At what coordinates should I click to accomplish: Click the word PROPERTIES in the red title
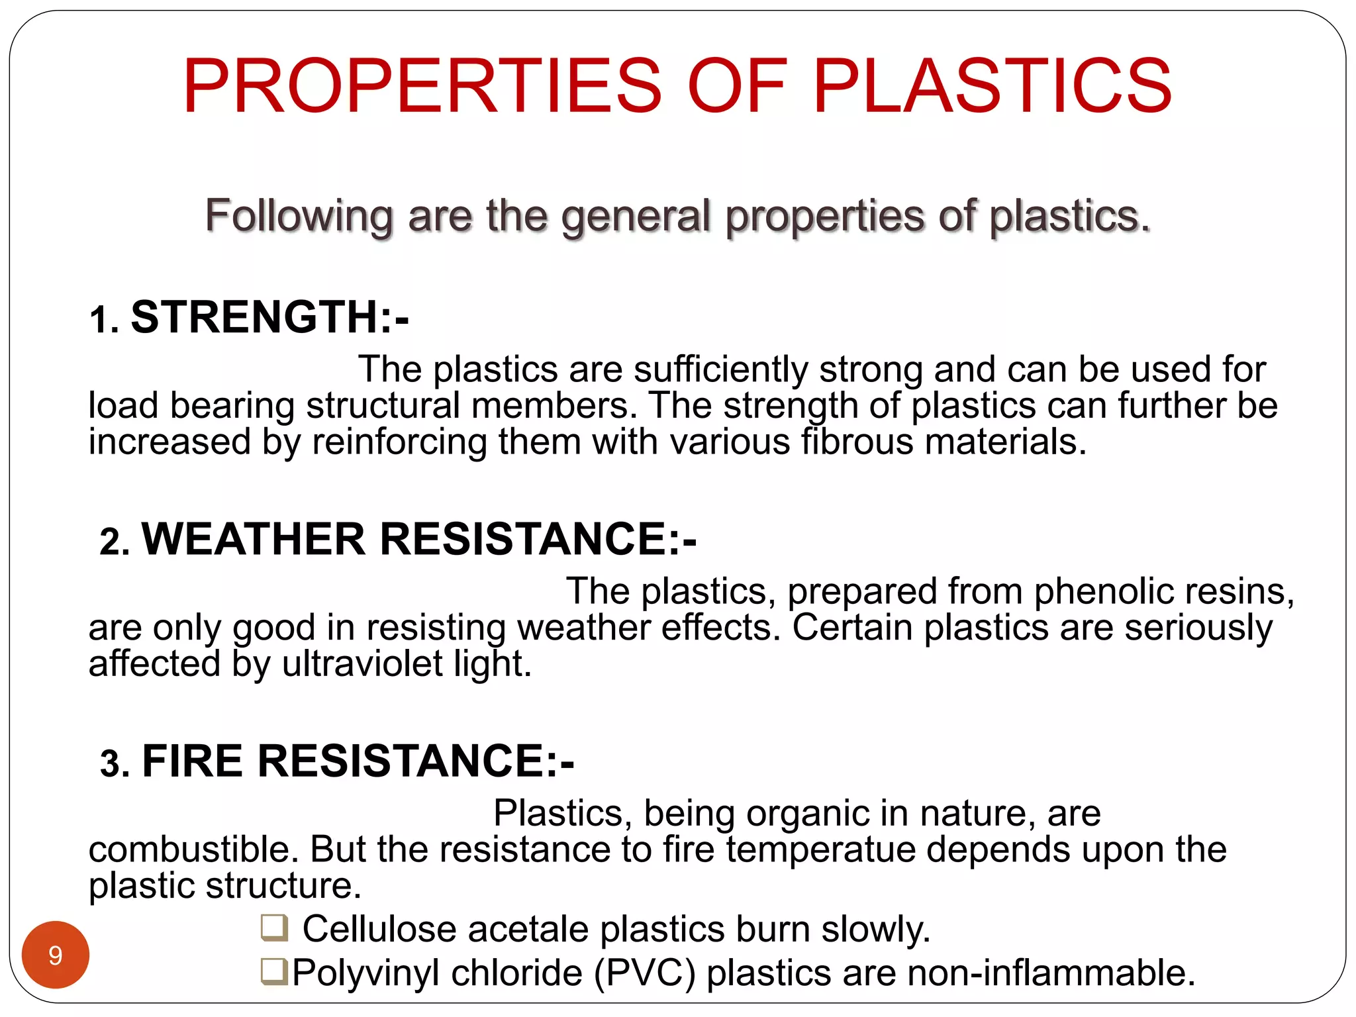[x=422, y=86]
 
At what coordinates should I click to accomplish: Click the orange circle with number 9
[x=56, y=955]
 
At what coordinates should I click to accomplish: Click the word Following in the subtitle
[x=299, y=216]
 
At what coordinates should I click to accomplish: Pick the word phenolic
[x=1104, y=591]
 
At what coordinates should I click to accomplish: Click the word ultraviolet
[x=362, y=663]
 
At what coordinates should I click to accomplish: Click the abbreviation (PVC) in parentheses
[x=645, y=973]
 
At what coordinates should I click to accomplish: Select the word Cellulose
[x=379, y=928]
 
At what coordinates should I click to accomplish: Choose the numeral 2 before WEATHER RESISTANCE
[x=110, y=542]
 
